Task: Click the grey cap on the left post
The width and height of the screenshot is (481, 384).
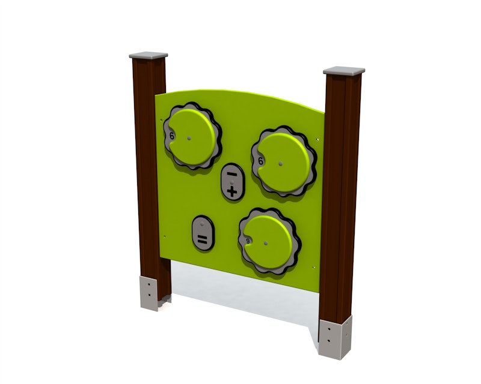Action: tap(149, 55)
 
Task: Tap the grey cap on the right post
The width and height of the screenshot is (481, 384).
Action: tap(344, 71)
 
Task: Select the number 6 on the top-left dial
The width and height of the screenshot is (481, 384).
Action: tap(172, 136)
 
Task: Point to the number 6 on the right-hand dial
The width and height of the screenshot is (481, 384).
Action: tap(260, 161)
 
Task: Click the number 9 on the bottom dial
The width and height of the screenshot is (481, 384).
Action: tap(248, 241)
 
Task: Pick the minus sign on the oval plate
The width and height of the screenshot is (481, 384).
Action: tap(232, 174)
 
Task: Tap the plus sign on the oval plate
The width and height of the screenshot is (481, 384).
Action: tap(232, 192)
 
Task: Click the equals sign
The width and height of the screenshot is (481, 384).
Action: tap(202, 241)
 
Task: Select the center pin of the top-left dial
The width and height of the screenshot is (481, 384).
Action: tap(189, 138)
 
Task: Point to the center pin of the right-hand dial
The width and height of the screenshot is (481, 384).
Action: tap(280, 164)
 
